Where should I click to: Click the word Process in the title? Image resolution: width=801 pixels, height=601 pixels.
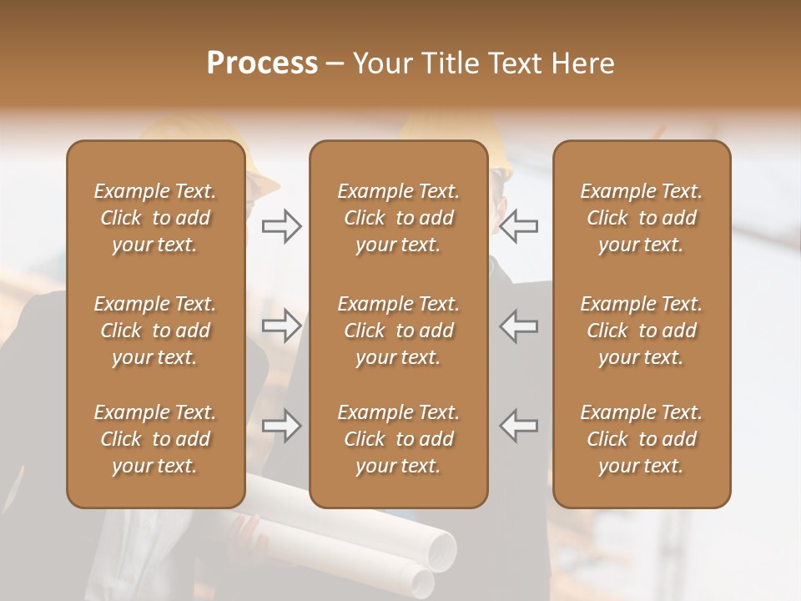(x=262, y=63)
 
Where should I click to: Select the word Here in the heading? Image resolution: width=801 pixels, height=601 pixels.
(x=581, y=63)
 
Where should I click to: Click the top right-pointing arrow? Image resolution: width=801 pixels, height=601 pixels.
(x=282, y=226)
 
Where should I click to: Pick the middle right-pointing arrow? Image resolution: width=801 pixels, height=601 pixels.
(x=282, y=326)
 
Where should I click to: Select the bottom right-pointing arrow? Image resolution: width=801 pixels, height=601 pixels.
(x=282, y=426)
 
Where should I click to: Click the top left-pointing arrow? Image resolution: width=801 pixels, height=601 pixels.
(x=519, y=226)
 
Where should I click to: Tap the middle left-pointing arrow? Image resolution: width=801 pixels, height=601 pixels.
(x=519, y=326)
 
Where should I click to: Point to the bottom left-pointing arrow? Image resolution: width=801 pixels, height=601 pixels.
(x=519, y=426)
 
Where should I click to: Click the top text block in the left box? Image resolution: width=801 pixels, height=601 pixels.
(x=155, y=218)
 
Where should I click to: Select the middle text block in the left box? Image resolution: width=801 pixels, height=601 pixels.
(x=155, y=331)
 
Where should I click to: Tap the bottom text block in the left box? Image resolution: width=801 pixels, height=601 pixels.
(x=155, y=439)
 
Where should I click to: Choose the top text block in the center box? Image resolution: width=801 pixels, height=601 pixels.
(x=398, y=218)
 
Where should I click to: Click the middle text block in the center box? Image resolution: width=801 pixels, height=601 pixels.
(x=398, y=331)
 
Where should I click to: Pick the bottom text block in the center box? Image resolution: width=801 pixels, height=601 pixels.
(x=398, y=439)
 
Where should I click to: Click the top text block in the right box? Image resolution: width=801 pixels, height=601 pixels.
(x=641, y=218)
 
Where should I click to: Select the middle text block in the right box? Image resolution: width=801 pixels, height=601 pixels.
(x=641, y=331)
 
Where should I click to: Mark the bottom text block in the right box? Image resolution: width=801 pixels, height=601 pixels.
(x=641, y=439)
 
